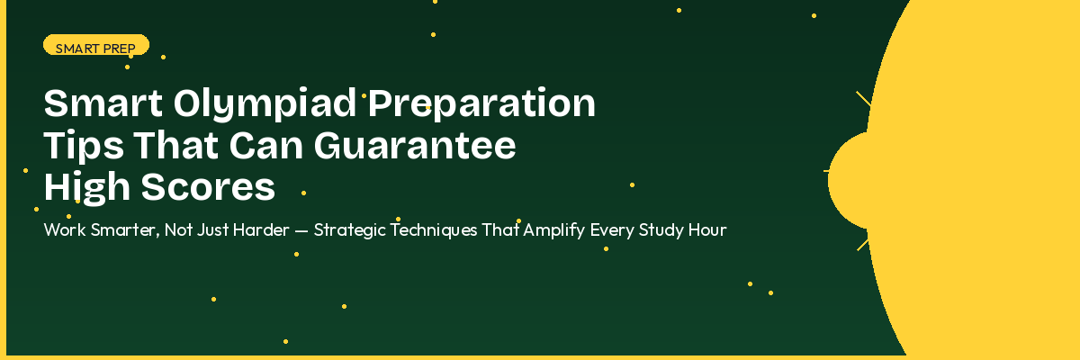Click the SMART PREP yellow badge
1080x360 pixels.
[x=95, y=45]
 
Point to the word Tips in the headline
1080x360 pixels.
[x=79, y=146]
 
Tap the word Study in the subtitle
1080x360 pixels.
[x=660, y=229]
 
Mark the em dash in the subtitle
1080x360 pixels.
[x=301, y=230]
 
